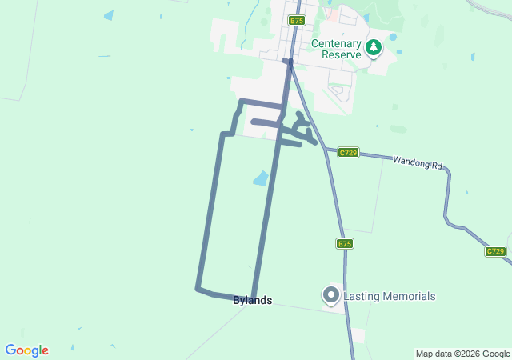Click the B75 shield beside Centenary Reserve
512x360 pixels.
coord(297,20)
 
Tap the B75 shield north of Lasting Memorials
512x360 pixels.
coord(345,243)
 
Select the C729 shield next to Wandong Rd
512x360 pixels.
coord(347,152)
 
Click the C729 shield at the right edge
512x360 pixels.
coord(495,251)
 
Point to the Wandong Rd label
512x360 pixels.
coord(417,162)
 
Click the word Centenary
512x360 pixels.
coord(336,44)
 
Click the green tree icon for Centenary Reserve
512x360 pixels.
coord(373,49)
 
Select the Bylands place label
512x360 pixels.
coord(252,301)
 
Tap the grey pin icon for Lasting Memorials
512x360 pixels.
coord(330,295)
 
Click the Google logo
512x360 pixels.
coord(26,350)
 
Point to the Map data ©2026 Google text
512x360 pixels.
coord(462,354)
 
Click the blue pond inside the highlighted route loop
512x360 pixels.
coord(261,178)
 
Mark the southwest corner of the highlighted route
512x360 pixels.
coord(198,288)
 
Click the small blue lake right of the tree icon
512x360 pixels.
coord(392,37)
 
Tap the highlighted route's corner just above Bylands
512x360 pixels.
coord(253,296)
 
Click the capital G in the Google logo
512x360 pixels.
coord(10,350)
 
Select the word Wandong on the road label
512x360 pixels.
coord(409,162)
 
